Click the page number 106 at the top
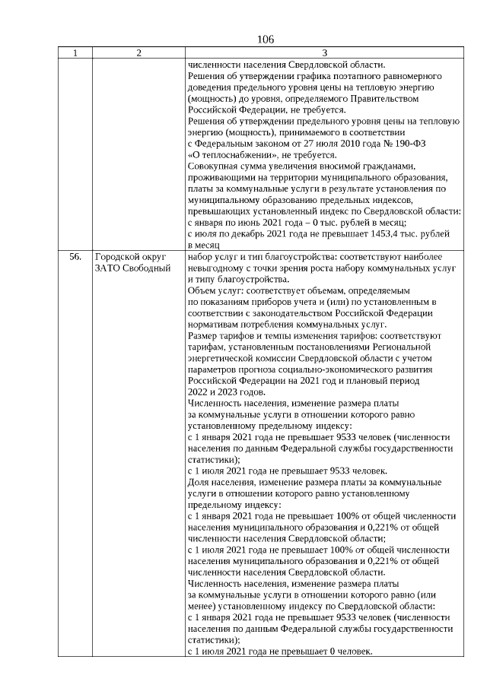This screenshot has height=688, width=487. tap(266, 40)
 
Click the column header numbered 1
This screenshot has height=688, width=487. tap(75, 53)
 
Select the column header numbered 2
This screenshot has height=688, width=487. tap(138, 53)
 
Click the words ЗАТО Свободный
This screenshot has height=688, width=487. tap(129, 268)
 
